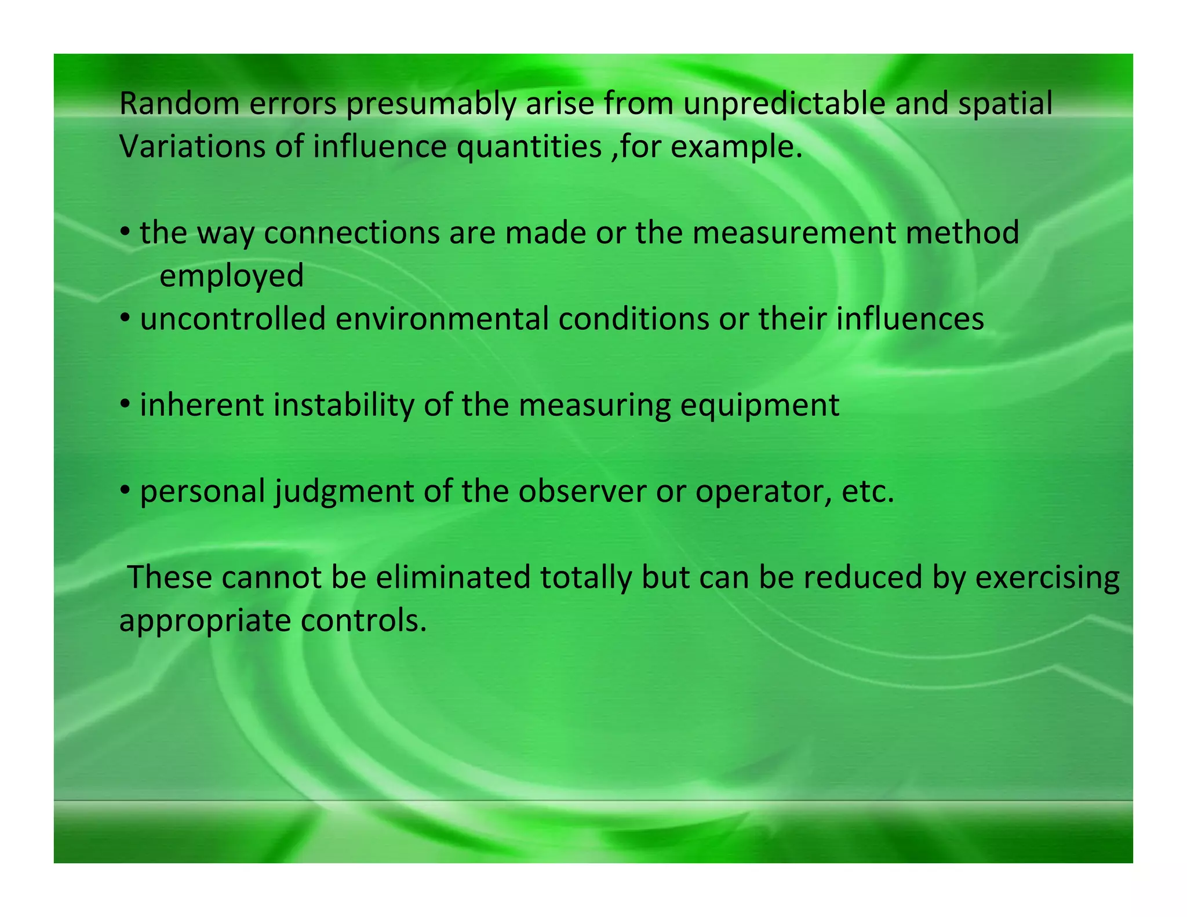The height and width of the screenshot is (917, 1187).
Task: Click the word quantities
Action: coord(529,148)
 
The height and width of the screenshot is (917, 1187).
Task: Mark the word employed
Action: coord(231,276)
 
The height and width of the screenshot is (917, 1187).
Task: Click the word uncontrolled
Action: coord(232,319)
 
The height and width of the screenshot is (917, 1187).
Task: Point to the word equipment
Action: coord(759,406)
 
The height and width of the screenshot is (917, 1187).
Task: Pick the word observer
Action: coord(582,491)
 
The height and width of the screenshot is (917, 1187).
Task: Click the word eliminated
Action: coord(453,577)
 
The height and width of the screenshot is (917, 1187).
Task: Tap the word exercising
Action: coord(1047,578)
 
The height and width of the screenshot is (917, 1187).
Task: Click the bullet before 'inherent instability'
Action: coord(125,404)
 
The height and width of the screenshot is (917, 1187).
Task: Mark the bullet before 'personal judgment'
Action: coord(125,490)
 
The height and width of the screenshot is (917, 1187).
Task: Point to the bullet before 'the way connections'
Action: coord(125,231)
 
